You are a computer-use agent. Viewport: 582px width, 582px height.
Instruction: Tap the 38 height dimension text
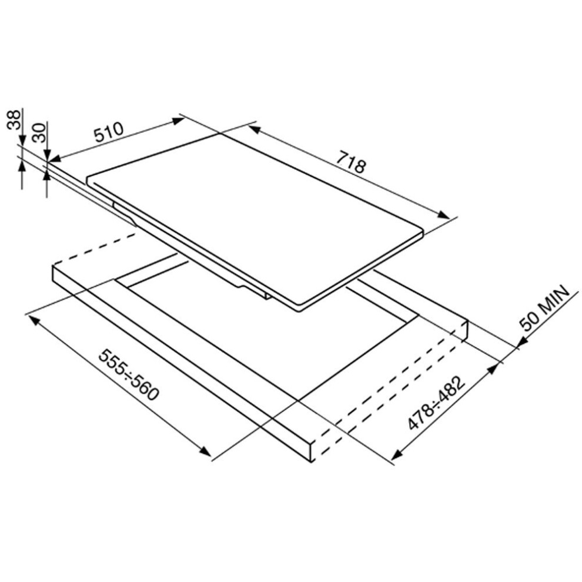click(14, 119)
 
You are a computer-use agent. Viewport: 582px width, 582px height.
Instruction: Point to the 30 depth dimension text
click(38, 133)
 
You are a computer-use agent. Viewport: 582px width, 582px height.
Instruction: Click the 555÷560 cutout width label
click(129, 374)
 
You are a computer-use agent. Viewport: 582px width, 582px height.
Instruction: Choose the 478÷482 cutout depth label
click(436, 403)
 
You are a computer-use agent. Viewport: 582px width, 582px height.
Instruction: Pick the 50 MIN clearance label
click(544, 307)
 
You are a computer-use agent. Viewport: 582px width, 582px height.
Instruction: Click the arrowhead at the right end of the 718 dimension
click(443, 215)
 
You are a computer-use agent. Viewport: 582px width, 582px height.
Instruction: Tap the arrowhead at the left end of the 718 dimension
click(255, 129)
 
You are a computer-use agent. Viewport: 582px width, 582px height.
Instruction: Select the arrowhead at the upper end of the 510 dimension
click(178, 121)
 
